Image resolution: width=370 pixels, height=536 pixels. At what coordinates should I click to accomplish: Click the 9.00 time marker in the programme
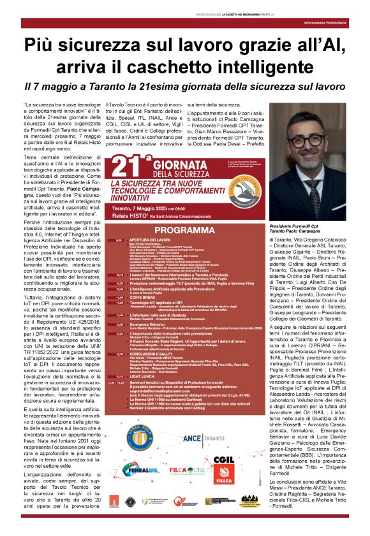(x=119, y=240)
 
